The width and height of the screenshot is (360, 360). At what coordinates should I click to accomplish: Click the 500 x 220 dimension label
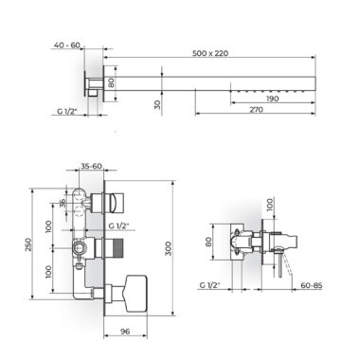(210, 53)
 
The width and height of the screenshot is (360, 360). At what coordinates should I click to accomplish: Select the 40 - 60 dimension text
(67, 45)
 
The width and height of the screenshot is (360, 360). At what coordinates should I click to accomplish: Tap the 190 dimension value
(272, 99)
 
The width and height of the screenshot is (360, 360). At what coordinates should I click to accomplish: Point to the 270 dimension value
(256, 110)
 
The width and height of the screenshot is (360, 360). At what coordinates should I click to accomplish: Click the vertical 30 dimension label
(157, 104)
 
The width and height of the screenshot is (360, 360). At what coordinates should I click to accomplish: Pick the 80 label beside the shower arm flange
(111, 83)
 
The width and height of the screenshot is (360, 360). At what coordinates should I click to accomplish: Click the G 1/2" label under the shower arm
(67, 111)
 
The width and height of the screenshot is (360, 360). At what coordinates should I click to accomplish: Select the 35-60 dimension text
(91, 166)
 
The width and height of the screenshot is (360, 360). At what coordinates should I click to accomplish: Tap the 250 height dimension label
(28, 244)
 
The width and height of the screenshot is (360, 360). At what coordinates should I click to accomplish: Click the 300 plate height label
(169, 248)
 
